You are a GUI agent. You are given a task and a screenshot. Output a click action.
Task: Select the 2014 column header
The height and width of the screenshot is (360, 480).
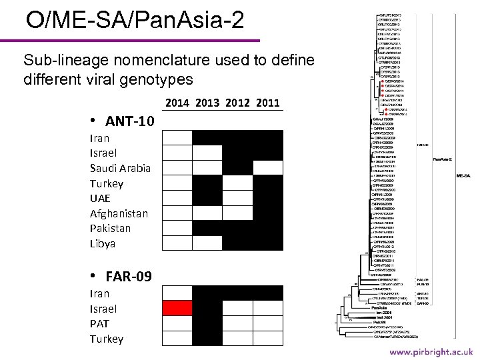click(x=177, y=103)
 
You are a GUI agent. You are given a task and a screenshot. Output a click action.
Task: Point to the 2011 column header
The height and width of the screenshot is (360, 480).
click(x=267, y=103)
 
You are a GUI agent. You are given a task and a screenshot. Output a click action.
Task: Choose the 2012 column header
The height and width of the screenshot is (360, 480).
click(x=238, y=103)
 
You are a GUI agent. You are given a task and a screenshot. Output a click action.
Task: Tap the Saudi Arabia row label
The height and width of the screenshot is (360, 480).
click(x=120, y=168)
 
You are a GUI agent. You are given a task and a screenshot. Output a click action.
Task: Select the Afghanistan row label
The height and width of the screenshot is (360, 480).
click(x=119, y=213)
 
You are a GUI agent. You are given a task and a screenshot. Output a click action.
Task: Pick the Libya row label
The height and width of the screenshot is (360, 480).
click(x=103, y=243)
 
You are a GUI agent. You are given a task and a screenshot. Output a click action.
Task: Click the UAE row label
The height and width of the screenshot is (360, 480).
click(x=100, y=198)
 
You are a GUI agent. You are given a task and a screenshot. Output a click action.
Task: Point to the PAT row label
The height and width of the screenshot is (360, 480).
click(x=99, y=324)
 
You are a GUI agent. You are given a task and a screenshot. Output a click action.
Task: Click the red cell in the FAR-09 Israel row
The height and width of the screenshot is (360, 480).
click(x=177, y=308)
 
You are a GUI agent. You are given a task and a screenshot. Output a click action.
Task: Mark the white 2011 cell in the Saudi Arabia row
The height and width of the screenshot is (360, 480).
click(x=268, y=167)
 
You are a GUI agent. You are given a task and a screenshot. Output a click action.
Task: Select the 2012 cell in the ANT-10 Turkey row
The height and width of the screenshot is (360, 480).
click(x=237, y=183)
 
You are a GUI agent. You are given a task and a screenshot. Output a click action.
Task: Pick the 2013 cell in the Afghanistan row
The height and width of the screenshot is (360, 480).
click(x=207, y=213)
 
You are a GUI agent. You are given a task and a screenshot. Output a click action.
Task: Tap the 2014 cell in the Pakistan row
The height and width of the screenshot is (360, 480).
click(x=177, y=228)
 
